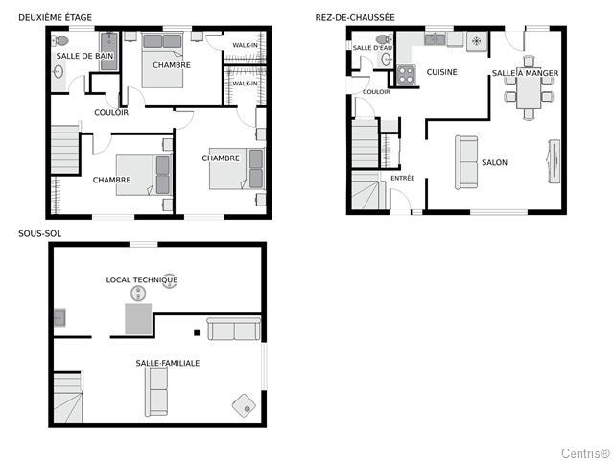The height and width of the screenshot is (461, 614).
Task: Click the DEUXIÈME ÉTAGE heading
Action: click(x=56, y=17)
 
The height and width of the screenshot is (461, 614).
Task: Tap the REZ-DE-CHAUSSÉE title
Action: click(x=355, y=17)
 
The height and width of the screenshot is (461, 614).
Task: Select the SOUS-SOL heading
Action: click(x=40, y=234)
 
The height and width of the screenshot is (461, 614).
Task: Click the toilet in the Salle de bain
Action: click(x=59, y=40)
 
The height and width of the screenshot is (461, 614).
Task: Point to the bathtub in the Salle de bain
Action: click(x=109, y=51)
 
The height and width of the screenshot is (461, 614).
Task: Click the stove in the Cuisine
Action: click(x=406, y=75)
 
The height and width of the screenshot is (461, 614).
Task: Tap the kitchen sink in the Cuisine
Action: click(x=435, y=39)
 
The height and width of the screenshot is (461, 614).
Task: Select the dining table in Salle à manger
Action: click(x=529, y=92)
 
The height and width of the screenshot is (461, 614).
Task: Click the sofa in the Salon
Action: click(x=466, y=162)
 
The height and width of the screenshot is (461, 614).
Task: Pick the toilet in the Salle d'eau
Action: click(x=384, y=39)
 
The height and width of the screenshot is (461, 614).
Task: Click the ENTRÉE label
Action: click(x=403, y=178)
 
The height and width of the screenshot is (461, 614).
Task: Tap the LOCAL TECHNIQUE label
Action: click(x=142, y=279)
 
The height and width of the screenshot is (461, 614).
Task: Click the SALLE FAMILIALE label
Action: click(x=168, y=363)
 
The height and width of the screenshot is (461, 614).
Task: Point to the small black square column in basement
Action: click(x=197, y=333)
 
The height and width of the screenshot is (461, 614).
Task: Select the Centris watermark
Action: click(x=586, y=453)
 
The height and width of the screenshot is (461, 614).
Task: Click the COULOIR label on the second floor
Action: click(x=111, y=113)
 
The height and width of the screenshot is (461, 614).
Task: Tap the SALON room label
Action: click(x=494, y=162)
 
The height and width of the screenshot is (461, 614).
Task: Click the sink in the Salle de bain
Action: click(x=59, y=73)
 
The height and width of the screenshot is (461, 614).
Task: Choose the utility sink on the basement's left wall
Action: click(x=59, y=318)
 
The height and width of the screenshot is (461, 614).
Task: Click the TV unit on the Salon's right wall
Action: click(x=554, y=161)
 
